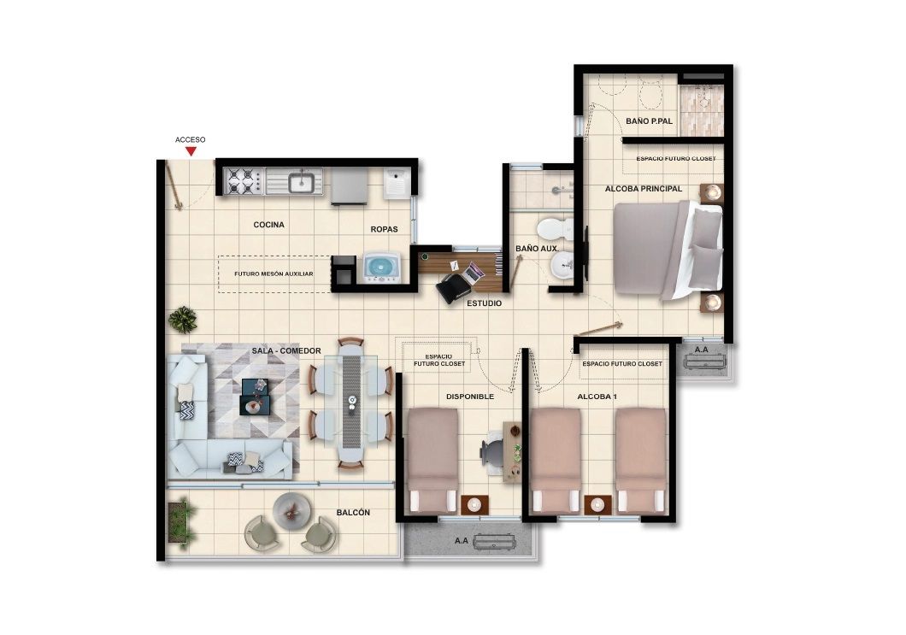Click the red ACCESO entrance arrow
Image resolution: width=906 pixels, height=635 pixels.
point(191,151)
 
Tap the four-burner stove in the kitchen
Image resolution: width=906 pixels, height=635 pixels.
point(243,180)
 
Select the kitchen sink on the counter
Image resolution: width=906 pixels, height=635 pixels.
point(301,181)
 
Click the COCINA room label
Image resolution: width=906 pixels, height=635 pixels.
point(268,225)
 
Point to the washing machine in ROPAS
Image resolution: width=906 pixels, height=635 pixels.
point(382,268)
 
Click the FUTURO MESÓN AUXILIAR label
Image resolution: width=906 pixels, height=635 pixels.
point(274,274)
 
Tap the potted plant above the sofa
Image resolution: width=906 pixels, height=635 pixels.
point(182,320)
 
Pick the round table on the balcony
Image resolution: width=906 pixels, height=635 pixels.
point(290,510)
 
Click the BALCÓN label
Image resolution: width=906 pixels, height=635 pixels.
point(353,512)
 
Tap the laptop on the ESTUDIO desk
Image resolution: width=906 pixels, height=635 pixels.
point(473,273)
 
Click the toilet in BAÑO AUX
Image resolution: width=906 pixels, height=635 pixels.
point(554,229)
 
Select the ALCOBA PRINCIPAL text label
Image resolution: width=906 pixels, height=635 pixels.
point(643,188)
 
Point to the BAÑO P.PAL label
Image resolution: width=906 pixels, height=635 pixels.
point(649,122)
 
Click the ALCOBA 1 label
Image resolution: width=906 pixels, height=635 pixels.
point(597,397)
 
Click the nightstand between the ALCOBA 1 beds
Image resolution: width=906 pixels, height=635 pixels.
point(597,504)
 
